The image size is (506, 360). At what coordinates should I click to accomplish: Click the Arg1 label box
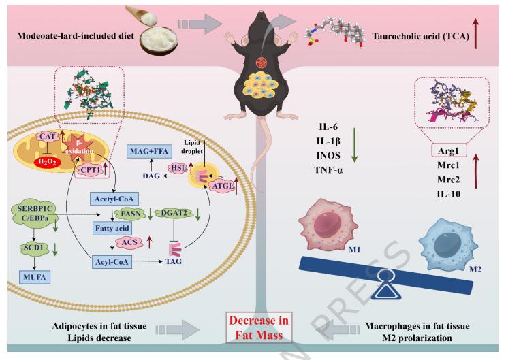coord(448,152)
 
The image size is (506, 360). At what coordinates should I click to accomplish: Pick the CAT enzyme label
coord(46,137)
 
